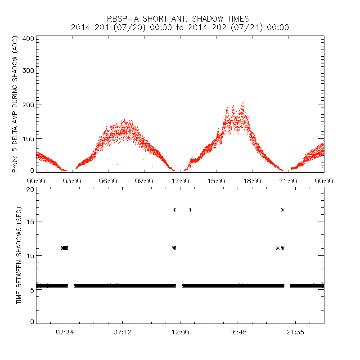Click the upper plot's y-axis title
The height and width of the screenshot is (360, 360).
point(15,105)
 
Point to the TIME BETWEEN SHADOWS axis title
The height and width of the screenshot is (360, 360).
point(19,256)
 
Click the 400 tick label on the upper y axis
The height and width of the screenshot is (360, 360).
point(28,38)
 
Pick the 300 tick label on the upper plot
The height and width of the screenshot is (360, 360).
point(28,71)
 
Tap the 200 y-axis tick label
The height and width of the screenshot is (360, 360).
point(28,104)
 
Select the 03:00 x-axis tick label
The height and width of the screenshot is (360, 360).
point(72,180)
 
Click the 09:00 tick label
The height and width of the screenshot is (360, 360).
point(144,180)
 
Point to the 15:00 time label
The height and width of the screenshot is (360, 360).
point(216,180)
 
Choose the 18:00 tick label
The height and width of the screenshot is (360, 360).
point(252,180)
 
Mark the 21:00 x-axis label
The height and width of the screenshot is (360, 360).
point(288,180)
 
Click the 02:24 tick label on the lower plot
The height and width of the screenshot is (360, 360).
point(65,332)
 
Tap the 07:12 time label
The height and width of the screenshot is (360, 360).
point(122,332)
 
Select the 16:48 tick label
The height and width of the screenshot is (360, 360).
point(238,332)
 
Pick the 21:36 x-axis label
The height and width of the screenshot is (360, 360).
point(295,332)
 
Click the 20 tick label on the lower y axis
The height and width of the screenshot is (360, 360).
point(30,189)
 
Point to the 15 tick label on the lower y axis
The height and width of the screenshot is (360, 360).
point(30,221)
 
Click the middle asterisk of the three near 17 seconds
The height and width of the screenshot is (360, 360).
point(191,210)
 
